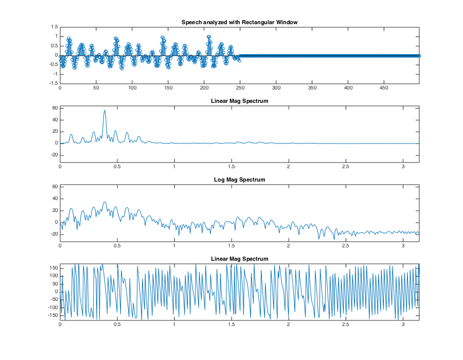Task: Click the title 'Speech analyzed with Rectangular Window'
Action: pyautogui.click(x=239, y=22)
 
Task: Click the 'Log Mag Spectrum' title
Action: pyautogui.click(x=239, y=179)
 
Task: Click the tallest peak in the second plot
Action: pyautogui.click(x=104, y=111)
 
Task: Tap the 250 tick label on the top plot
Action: pyautogui.click(x=240, y=88)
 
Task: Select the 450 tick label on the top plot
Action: pyautogui.click(x=384, y=88)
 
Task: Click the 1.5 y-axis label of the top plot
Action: pyautogui.click(x=54, y=26)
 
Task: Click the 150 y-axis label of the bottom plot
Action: pyautogui.click(x=52, y=267)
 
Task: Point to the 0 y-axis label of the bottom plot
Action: pyautogui.click(x=56, y=292)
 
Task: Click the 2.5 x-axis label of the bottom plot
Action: pyautogui.click(x=345, y=325)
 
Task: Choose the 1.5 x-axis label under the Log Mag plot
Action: pyautogui.click(x=231, y=246)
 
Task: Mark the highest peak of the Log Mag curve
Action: pyautogui.click(x=104, y=202)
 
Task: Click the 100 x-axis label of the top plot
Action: pyautogui.click(x=132, y=88)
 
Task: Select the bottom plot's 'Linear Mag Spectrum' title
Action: pyautogui.click(x=239, y=258)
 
